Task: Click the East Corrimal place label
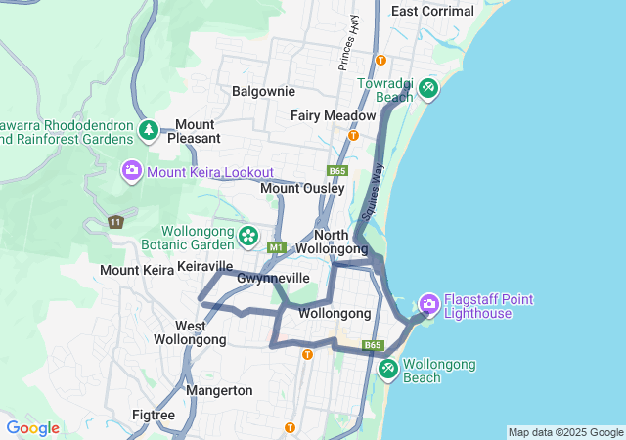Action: coord(432,12)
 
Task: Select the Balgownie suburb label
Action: coord(263,91)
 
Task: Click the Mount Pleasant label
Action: coord(194,131)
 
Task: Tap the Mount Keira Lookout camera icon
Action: coord(131,172)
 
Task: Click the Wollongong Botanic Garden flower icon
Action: coord(248,236)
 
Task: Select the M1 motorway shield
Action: coord(277,247)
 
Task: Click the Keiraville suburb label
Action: coord(205,266)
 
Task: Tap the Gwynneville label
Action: coord(273,279)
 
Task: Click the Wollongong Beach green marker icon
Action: coord(388,369)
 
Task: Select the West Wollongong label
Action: coord(190,332)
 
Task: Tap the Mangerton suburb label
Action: coord(218,390)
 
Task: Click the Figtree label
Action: coord(153,416)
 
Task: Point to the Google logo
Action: coord(32,428)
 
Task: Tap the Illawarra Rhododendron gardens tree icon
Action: coord(149,130)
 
